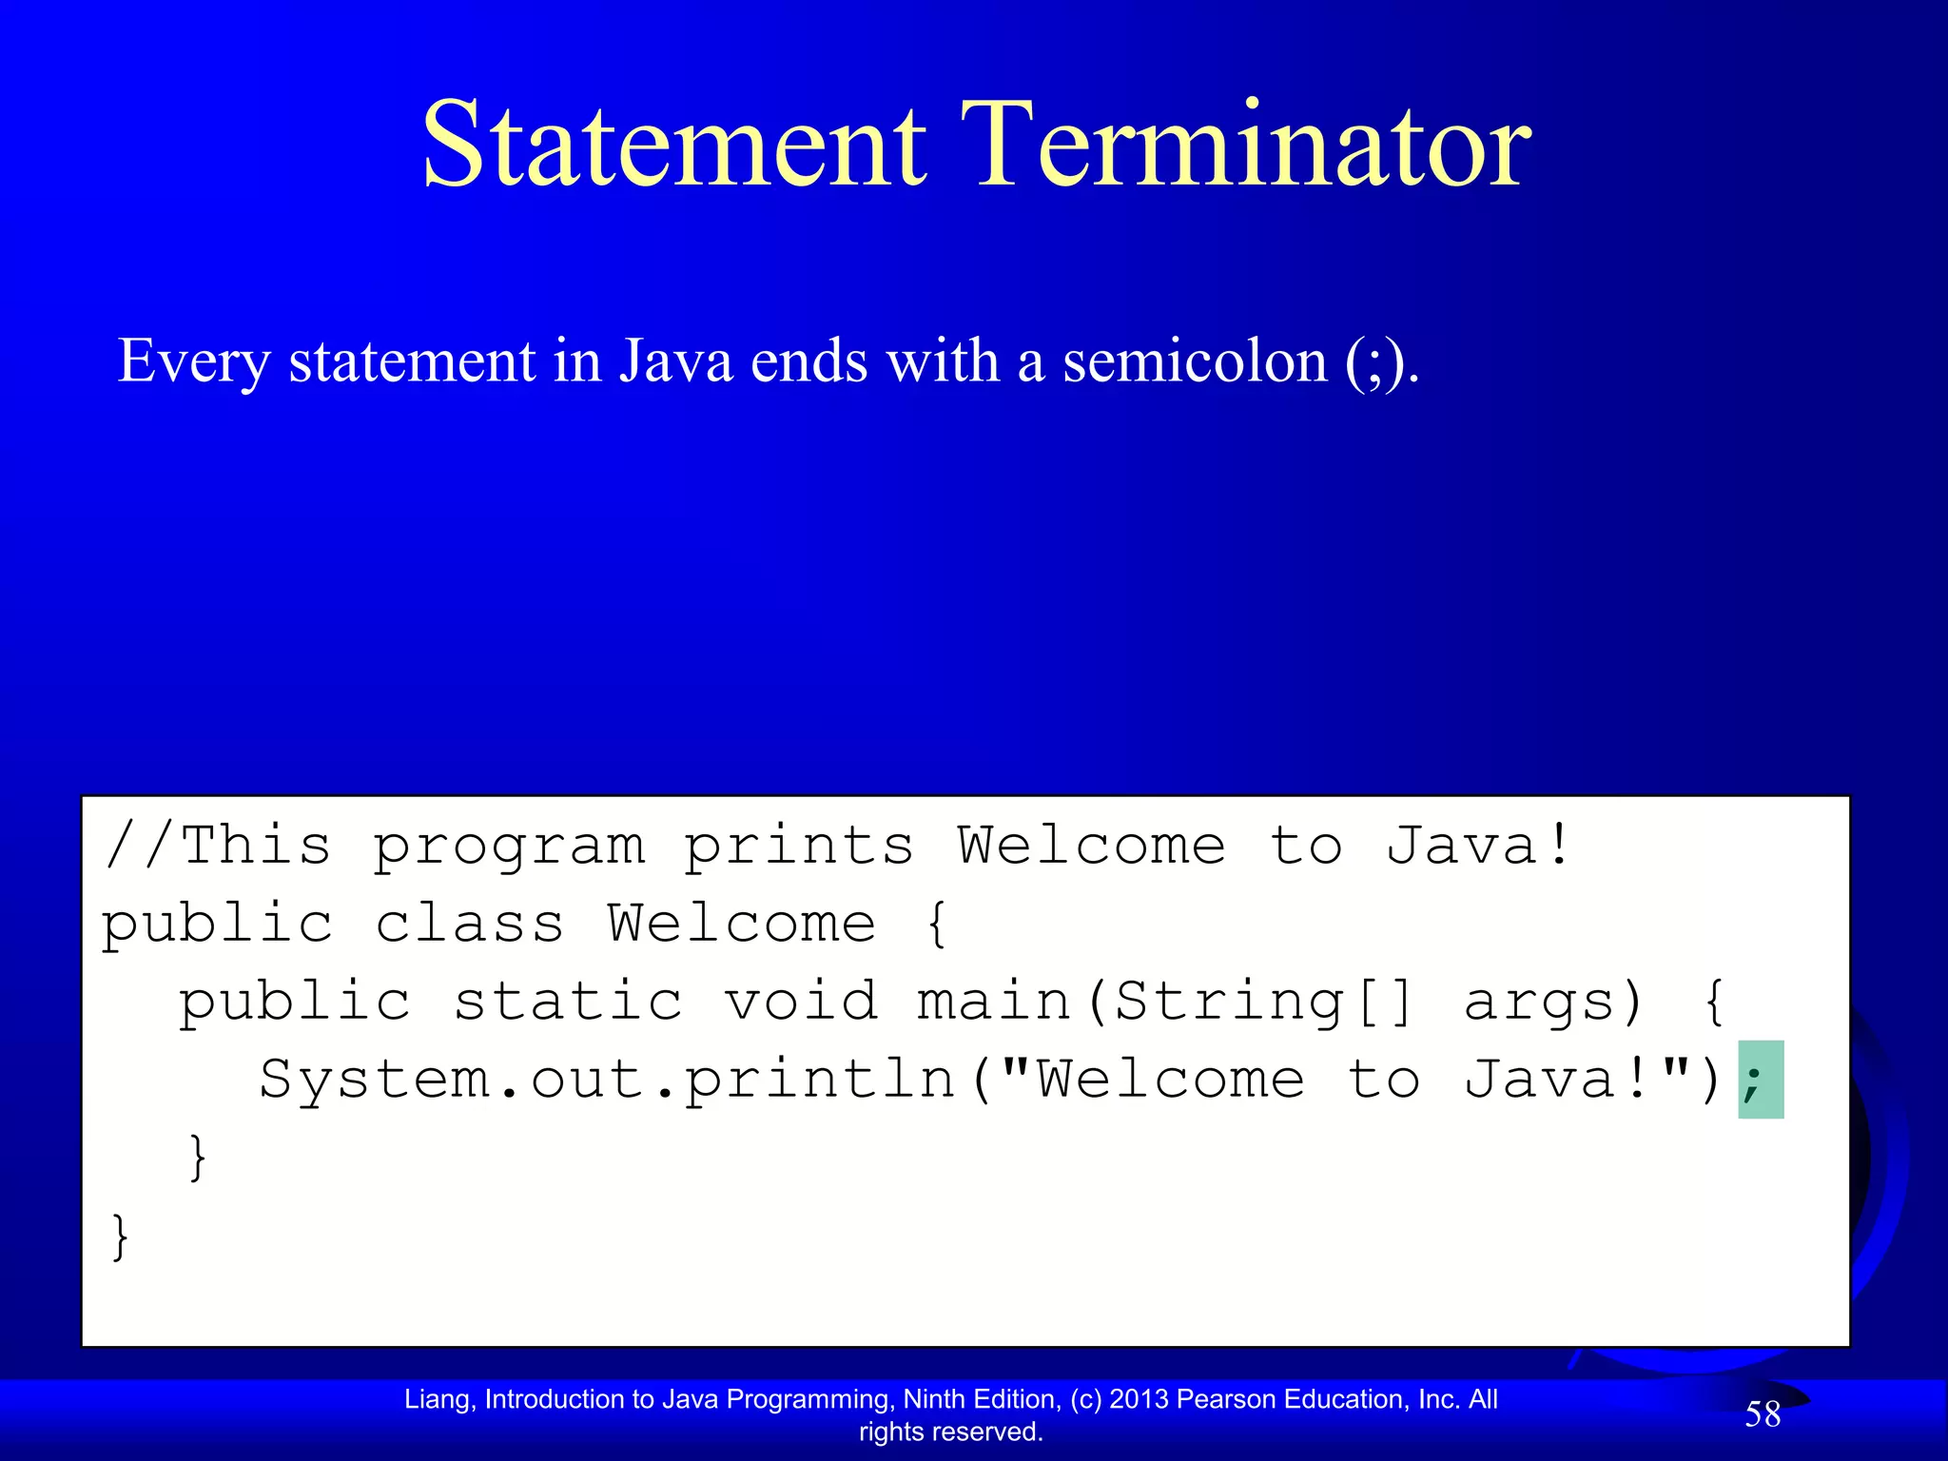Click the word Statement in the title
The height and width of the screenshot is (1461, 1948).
[x=673, y=145]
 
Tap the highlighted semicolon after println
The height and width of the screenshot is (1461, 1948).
[x=1760, y=1081]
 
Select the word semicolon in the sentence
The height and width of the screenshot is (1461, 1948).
[x=1195, y=361]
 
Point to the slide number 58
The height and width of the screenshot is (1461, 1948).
[x=1762, y=1414]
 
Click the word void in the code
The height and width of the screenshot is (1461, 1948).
[x=801, y=1002]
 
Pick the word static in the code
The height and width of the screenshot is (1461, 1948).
[x=568, y=1002]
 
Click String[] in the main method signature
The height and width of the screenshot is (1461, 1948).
[x=1263, y=1002]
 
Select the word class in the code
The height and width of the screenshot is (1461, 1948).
[x=470, y=924]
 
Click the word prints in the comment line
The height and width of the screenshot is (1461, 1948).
[x=799, y=847]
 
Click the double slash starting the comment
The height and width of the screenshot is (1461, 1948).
[x=141, y=845]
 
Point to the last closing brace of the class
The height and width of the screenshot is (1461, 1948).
[x=120, y=1237]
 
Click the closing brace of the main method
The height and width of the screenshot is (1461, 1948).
[x=198, y=1158]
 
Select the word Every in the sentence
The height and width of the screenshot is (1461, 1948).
[x=194, y=361]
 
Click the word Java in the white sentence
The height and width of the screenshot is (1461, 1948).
[x=676, y=361]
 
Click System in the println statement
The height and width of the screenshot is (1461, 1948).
[x=374, y=1080]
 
